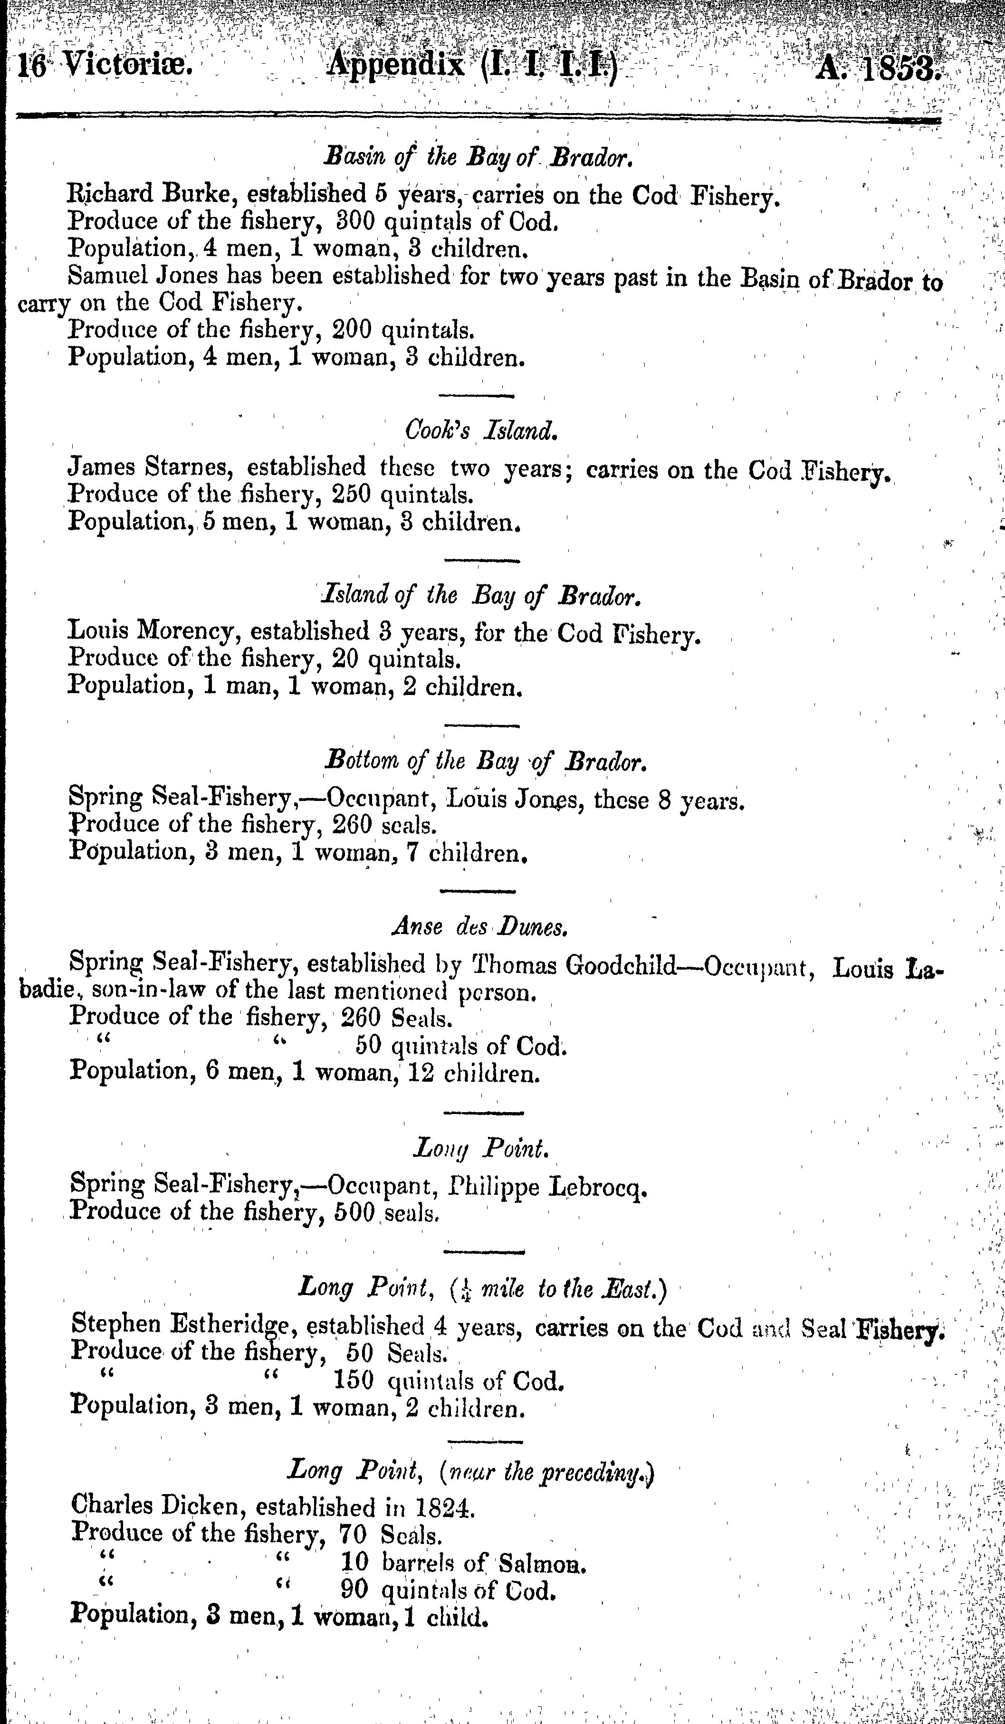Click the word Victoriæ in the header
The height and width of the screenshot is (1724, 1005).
pyautogui.click(x=115, y=68)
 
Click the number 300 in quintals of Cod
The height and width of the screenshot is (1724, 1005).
pyautogui.click(x=352, y=222)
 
